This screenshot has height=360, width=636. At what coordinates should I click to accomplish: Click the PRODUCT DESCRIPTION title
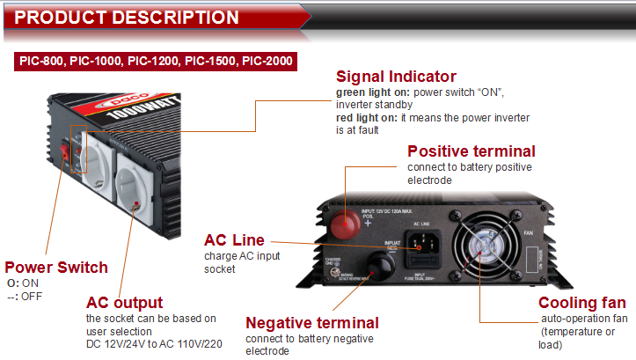tap(128, 18)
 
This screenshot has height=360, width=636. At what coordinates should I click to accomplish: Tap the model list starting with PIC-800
tap(156, 62)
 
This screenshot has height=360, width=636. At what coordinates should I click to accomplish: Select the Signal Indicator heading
tap(396, 77)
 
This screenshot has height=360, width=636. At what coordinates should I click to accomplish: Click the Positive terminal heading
tap(472, 151)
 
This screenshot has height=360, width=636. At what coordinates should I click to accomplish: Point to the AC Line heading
tap(234, 240)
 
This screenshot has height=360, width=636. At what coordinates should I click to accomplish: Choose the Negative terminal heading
tap(312, 323)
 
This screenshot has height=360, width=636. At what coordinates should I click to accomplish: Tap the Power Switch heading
tap(56, 268)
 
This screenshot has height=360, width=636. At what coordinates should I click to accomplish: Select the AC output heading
tap(124, 302)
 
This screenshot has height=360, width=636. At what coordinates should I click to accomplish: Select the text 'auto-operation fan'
tap(583, 319)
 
